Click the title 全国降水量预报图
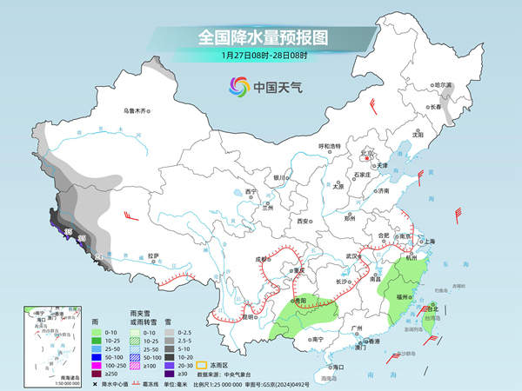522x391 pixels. pos(261,37)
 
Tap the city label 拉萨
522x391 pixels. pos(153,255)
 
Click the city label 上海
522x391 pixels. pos(429,241)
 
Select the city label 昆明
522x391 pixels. pos(226,317)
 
